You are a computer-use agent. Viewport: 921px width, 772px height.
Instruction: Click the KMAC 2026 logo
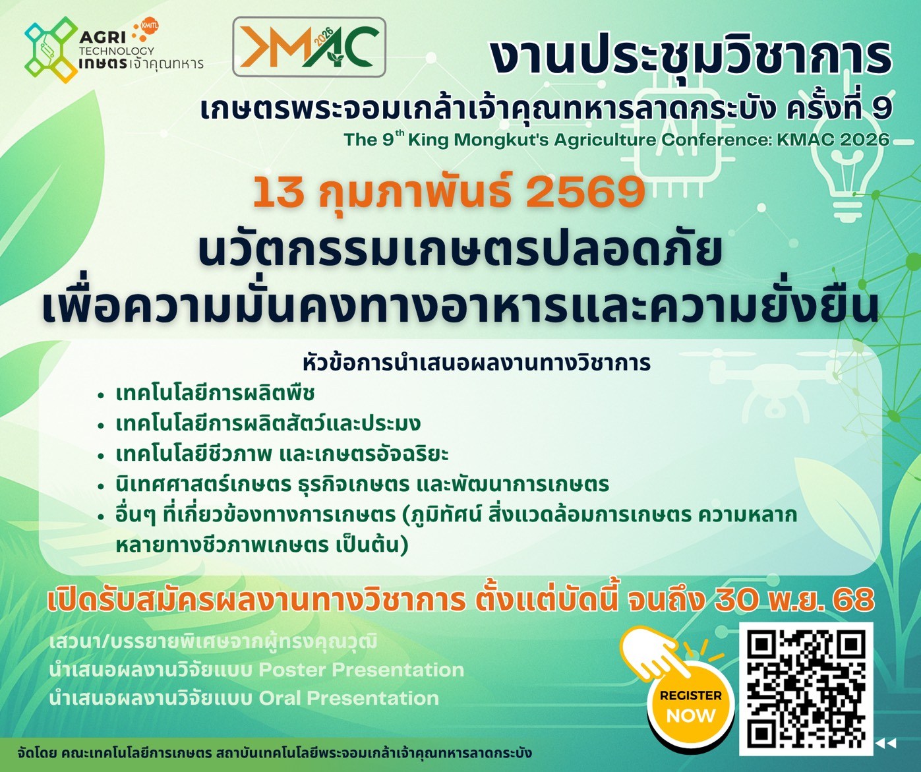click(309, 47)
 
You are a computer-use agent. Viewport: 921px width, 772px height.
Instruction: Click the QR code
click(806, 688)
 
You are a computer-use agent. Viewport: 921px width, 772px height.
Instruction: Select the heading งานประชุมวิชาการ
click(690, 57)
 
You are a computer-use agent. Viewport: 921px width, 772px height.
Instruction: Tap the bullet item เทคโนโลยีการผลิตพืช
click(215, 393)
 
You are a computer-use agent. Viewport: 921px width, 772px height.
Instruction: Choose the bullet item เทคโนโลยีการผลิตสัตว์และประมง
click(268, 423)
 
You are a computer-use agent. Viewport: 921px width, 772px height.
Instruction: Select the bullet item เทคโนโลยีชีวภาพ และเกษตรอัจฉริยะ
click(282, 454)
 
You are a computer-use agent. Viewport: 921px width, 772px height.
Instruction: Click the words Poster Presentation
click(361, 670)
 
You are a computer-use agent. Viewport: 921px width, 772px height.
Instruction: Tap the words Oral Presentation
click(349, 698)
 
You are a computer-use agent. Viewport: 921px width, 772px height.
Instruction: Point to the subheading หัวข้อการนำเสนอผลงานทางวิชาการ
click(477, 363)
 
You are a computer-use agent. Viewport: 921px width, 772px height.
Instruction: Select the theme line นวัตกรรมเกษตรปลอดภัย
click(460, 251)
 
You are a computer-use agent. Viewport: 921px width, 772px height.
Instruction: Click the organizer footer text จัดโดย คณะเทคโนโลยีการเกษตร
click(115, 753)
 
